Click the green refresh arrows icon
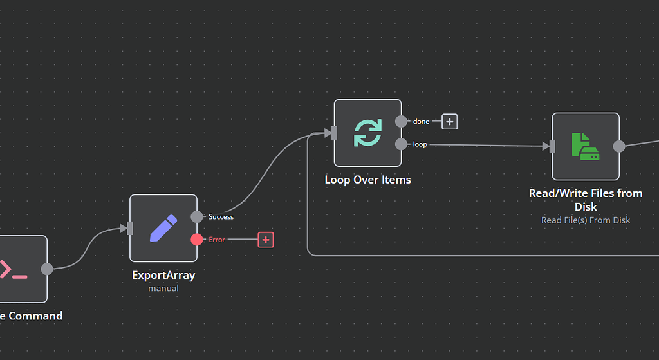pos(367,133)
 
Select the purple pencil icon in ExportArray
pos(163,228)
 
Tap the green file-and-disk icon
pos(586,147)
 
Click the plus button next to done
pos(450,121)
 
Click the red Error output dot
pos(197,240)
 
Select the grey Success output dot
pos(197,217)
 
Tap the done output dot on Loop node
pos(401,121)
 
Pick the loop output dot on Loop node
pos(401,144)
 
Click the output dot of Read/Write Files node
pos(619,146)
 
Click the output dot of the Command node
pos(47,269)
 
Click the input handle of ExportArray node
pos(130,228)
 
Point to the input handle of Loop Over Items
pos(334,133)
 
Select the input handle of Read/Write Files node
pos(552,147)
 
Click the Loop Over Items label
pos(367,180)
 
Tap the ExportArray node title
pos(163,275)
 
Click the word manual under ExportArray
pos(163,289)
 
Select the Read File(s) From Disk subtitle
pos(586,220)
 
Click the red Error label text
pos(217,240)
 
